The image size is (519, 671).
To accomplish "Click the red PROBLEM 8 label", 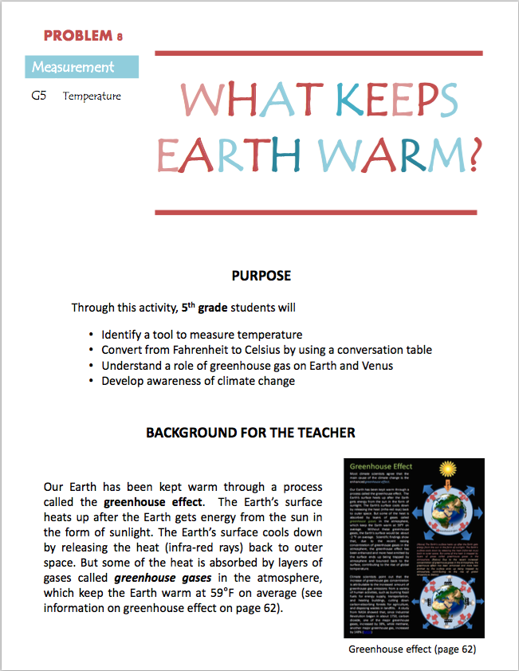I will pyautogui.click(x=83, y=36).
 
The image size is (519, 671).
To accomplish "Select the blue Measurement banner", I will pyautogui.click(x=81, y=67).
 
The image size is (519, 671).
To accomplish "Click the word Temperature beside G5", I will pyautogui.click(x=92, y=96).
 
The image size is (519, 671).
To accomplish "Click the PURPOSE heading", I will pyautogui.click(x=261, y=277).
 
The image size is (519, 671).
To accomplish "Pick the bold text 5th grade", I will pyautogui.click(x=207, y=307).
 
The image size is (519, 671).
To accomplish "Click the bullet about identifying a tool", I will pyautogui.click(x=202, y=335).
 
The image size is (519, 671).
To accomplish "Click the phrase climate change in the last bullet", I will pyautogui.click(x=258, y=381).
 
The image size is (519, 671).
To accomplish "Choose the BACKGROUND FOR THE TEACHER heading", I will pyautogui.click(x=250, y=433).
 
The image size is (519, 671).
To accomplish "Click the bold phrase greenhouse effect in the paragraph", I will pyautogui.click(x=152, y=502).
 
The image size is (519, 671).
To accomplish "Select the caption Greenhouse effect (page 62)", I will pyautogui.click(x=412, y=649).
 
